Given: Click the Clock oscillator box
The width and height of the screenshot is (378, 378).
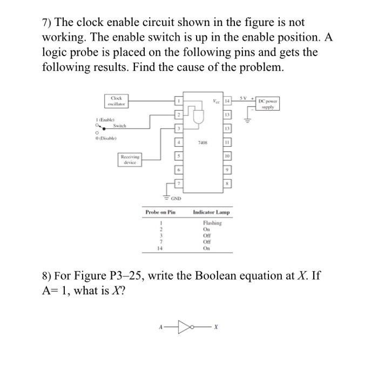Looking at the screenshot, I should click(x=116, y=100).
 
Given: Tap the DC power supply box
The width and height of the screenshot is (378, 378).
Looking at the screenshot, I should click(x=268, y=104).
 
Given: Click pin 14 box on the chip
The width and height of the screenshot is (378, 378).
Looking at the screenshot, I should click(x=227, y=100).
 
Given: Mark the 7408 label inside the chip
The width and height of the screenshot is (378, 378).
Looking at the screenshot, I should click(x=203, y=144).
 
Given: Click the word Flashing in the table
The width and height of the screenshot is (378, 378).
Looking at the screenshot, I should click(x=211, y=223).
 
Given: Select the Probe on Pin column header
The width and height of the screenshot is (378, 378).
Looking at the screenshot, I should click(x=161, y=212).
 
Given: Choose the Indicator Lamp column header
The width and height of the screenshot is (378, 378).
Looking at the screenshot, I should click(x=211, y=212).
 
